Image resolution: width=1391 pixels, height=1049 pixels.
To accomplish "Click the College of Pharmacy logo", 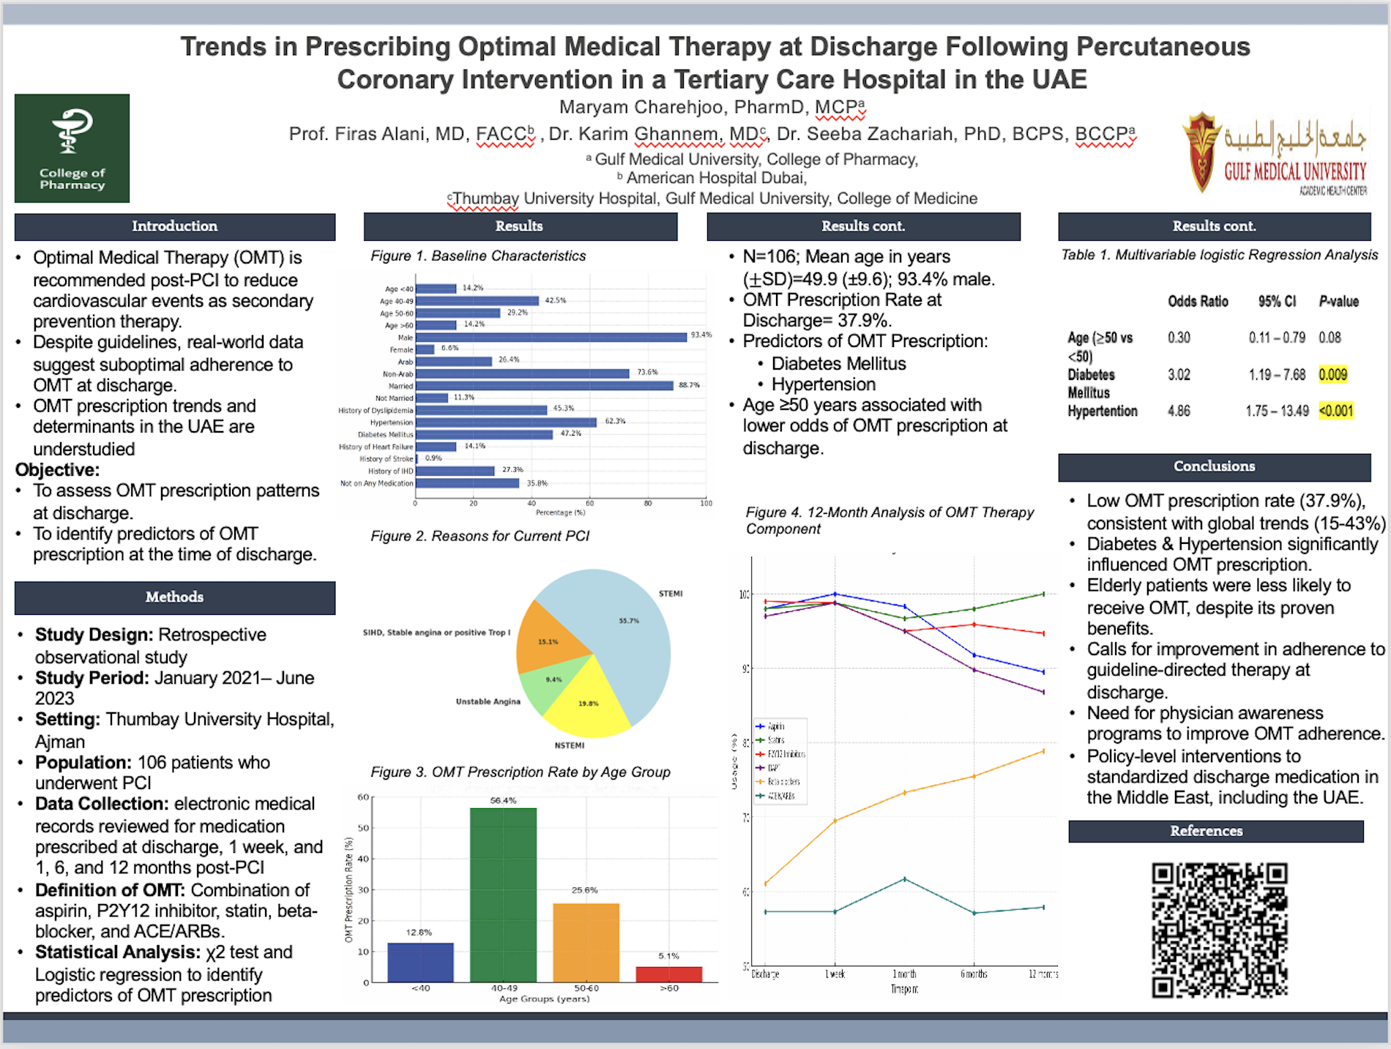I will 72,148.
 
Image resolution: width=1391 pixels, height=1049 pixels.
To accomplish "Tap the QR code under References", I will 1219,930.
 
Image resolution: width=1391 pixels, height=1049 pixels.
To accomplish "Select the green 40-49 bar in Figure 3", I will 503,895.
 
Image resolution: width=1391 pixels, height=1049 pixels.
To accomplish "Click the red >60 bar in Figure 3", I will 668,974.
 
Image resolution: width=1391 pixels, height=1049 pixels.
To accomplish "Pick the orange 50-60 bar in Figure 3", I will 586,942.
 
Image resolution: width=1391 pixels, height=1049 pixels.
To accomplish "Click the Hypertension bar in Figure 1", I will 505,422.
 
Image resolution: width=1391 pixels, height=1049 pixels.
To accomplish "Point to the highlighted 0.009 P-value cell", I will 1332,375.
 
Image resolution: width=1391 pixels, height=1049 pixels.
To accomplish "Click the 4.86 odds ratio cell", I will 1179,411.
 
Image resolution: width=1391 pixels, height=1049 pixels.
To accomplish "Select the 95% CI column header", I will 1277,302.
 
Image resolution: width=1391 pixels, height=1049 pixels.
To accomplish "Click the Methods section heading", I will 174,597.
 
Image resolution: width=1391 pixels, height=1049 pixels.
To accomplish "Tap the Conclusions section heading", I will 1214,467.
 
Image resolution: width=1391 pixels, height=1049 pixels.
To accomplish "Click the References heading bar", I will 1215,831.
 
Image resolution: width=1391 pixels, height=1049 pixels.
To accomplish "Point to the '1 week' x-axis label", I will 835,974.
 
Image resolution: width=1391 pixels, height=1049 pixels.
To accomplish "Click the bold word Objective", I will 57,470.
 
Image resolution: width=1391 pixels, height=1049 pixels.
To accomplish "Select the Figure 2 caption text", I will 480,537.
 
